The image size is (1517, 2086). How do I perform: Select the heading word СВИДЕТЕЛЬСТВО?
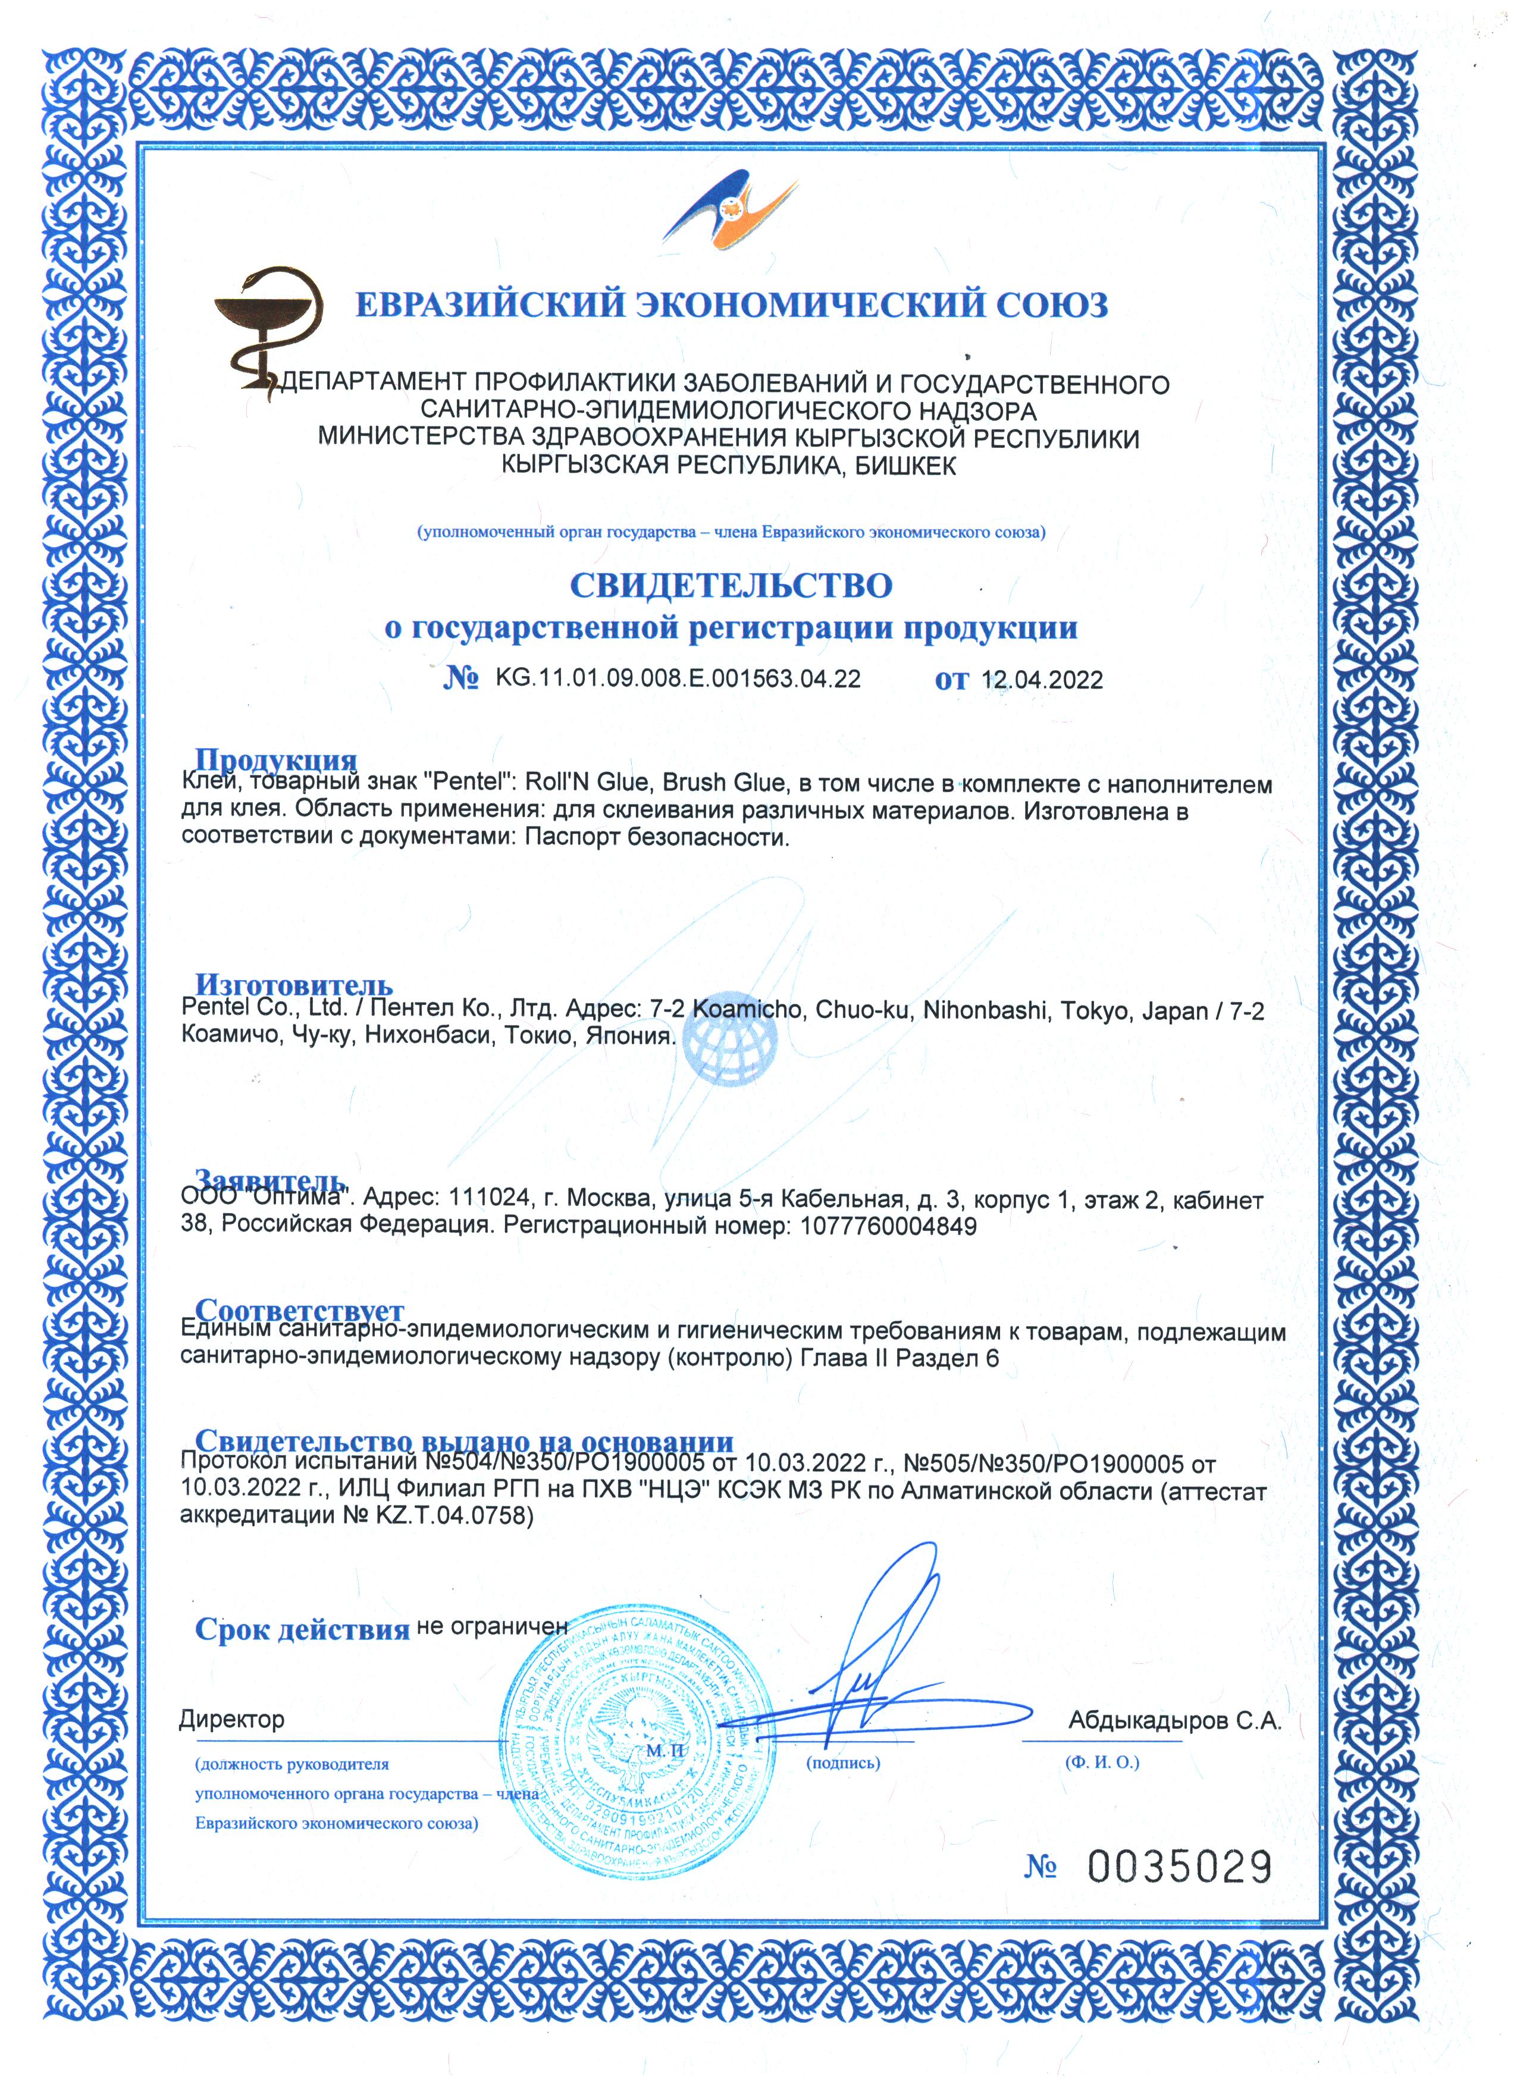[731, 585]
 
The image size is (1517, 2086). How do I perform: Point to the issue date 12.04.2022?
[1042, 681]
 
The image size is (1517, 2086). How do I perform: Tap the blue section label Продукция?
[276, 760]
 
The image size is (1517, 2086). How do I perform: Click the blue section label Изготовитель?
[293, 985]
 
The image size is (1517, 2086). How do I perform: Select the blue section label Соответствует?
[299, 1310]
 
